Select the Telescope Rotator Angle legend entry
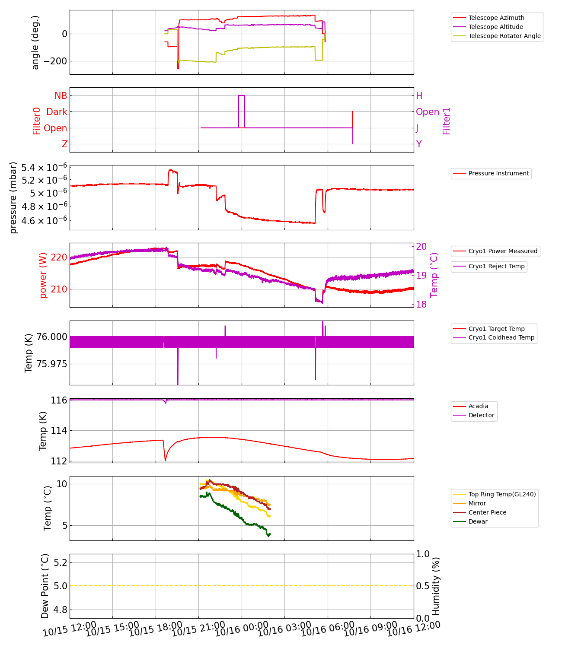click(505, 36)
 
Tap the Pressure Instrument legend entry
click(498, 173)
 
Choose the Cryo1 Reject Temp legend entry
click(496, 266)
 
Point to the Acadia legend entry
click(478, 406)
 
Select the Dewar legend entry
click(478, 521)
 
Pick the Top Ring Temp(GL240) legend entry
click(502, 494)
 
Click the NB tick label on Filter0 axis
click(61, 96)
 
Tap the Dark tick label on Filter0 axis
click(57, 112)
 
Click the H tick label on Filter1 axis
click(419, 96)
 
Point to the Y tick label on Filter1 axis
click(419, 144)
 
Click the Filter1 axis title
click(446, 121)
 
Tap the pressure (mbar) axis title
click(13, 197)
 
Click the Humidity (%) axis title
click(436, 586)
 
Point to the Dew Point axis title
click(45, 586)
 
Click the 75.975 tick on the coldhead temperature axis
click(51, 364)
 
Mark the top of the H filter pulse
click(242, 95)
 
